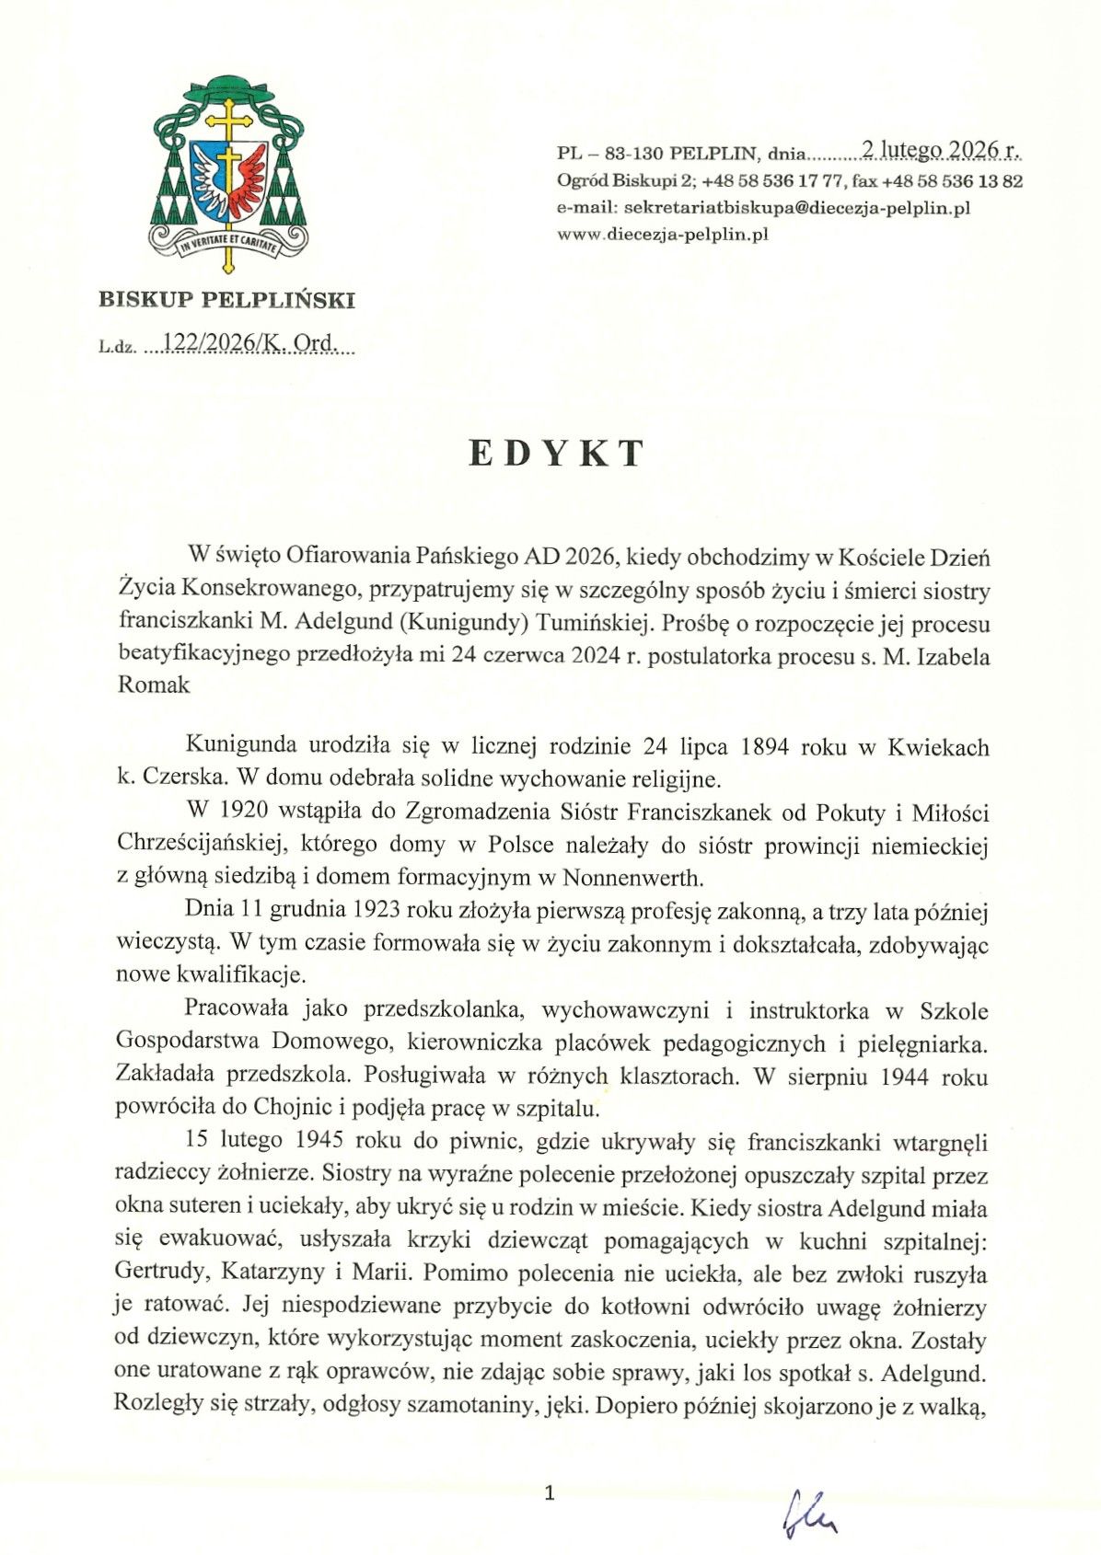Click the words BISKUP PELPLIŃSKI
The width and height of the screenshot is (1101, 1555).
[x=226, y=299]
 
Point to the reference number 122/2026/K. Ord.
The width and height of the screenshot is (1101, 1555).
[x=249, y=345]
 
